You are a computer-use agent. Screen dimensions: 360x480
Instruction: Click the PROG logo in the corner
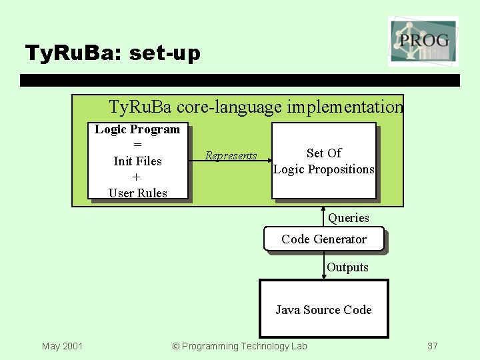[x=423, y=41]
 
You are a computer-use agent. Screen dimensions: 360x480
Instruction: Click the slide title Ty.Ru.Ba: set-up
[x=112, y=53]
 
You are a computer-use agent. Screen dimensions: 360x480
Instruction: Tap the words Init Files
[x=137, y=161]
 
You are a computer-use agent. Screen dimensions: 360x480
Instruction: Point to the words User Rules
[x=137, y=193]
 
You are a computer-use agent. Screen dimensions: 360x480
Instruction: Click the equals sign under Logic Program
[x=137, y=145]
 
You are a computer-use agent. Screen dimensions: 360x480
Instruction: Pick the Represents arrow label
[x=231, y=156]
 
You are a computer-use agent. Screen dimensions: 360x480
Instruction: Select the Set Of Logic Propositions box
[x=324, y=161]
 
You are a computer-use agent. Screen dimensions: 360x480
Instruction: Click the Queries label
[x=348, y=218]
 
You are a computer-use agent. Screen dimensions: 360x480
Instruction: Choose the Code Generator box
[x=324, y=239]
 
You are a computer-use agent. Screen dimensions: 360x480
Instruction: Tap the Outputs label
[x=347, y=267]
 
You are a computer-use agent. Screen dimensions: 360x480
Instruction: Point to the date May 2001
[x=62, y=346]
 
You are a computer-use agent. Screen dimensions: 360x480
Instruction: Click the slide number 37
[x=433, y=346]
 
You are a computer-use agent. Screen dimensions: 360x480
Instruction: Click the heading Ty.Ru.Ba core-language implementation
[x=256, y=107]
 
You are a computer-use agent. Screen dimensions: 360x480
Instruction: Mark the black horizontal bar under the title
[x=240, y=81]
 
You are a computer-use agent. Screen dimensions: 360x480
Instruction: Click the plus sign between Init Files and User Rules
[x=137, y=177]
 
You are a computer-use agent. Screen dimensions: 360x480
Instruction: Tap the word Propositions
[x=343, y=169]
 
